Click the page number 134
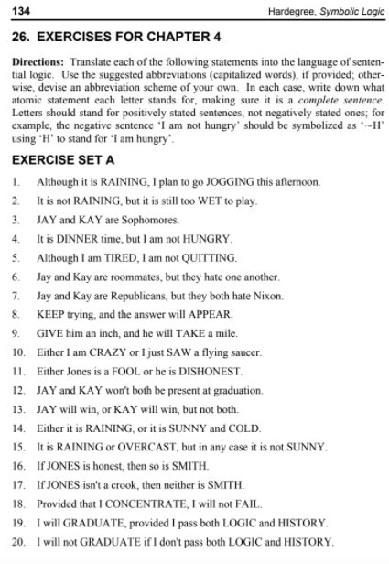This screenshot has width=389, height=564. pyautogui.click(x=20, y=11)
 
